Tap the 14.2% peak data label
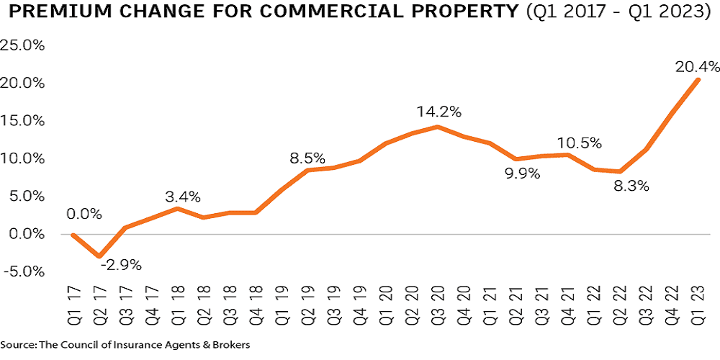(437, 112)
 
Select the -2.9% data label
(120, 264)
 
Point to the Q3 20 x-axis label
(437, 301)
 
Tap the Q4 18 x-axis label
(256, 301)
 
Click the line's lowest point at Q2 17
(100, 256)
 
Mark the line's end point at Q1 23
(697, 80)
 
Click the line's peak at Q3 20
(437, 127)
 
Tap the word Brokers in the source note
(231, 346)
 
